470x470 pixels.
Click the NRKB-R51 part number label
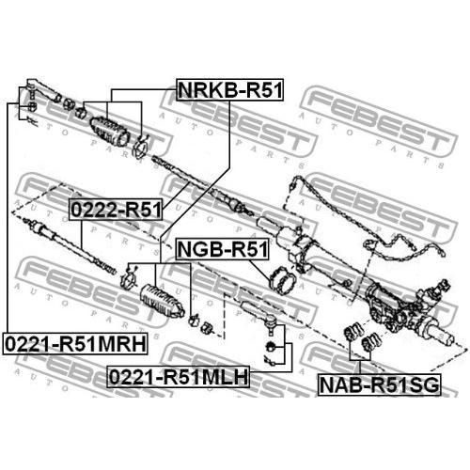pos(229,90)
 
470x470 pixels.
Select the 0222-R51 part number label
pos(117,210)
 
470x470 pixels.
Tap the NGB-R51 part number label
pos(222,249)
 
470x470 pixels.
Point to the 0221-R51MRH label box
pos(75,344)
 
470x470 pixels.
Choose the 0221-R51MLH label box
pos(178,377)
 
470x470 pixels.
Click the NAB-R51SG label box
pos(379,384)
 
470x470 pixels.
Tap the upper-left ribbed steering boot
pos(110,132)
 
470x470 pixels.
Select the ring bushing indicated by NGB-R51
pos(282,280)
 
